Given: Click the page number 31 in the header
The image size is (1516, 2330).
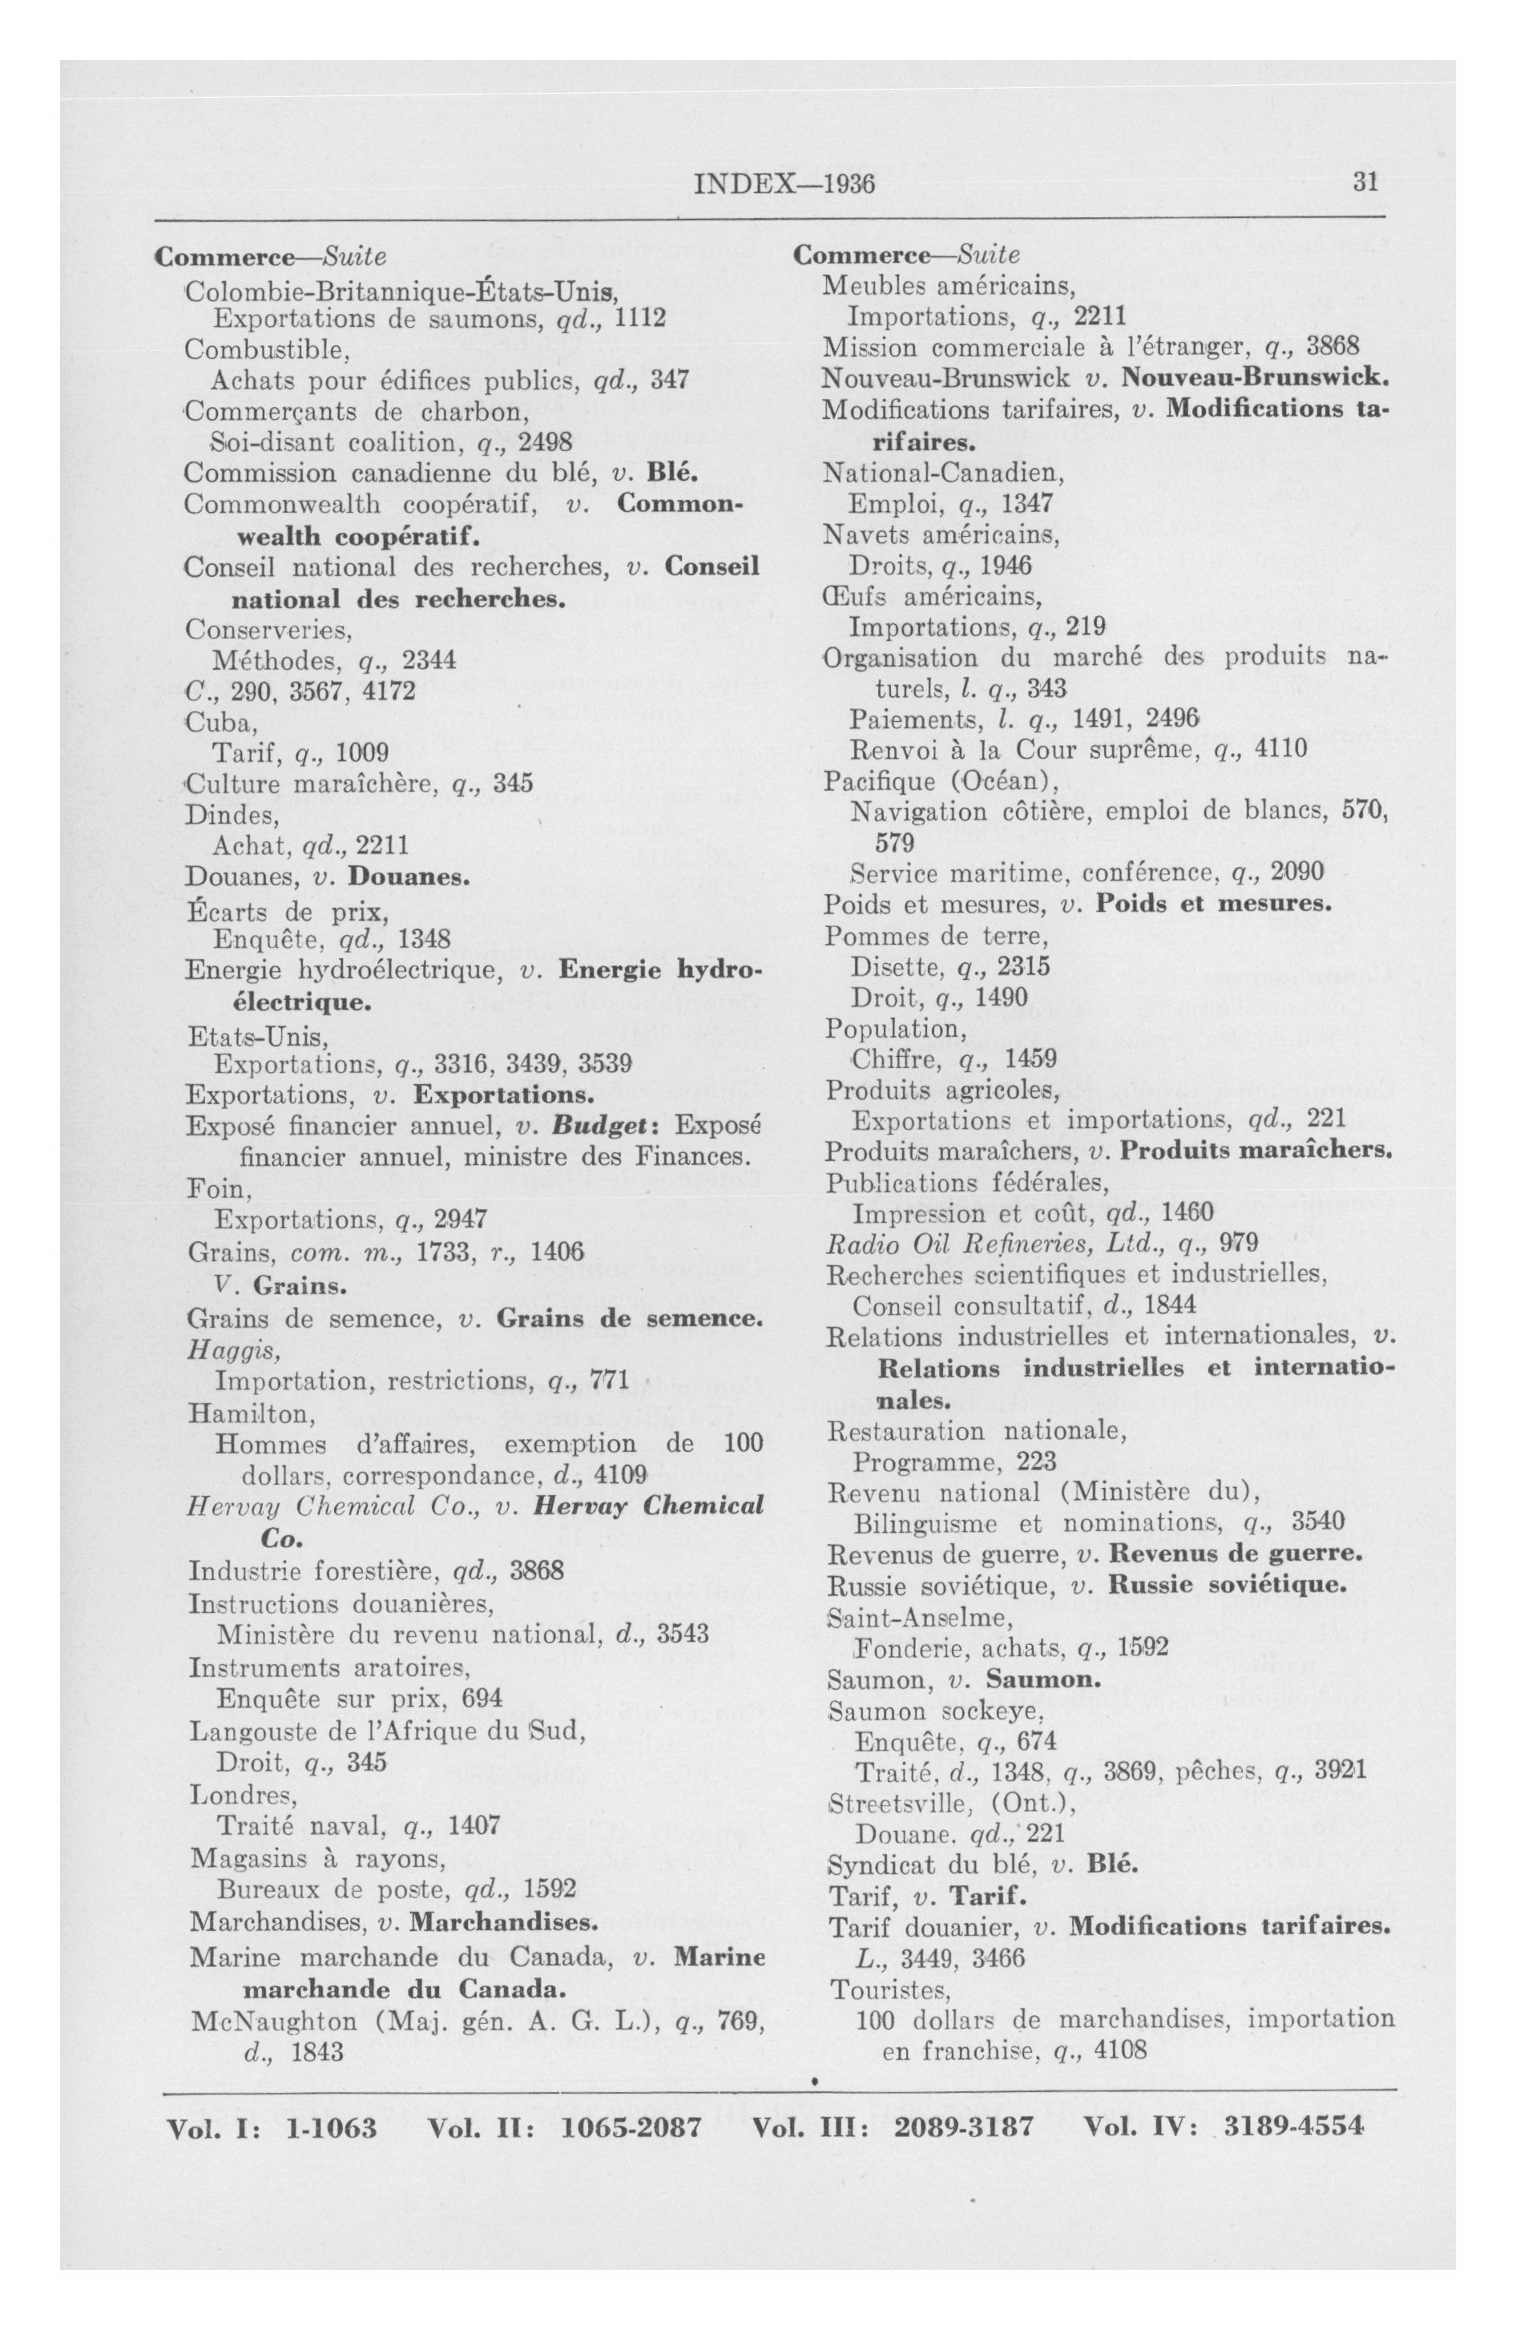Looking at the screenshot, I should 1365,183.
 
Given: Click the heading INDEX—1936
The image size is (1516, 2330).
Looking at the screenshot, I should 784,184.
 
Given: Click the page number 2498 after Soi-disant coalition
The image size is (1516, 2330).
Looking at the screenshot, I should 545,441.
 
